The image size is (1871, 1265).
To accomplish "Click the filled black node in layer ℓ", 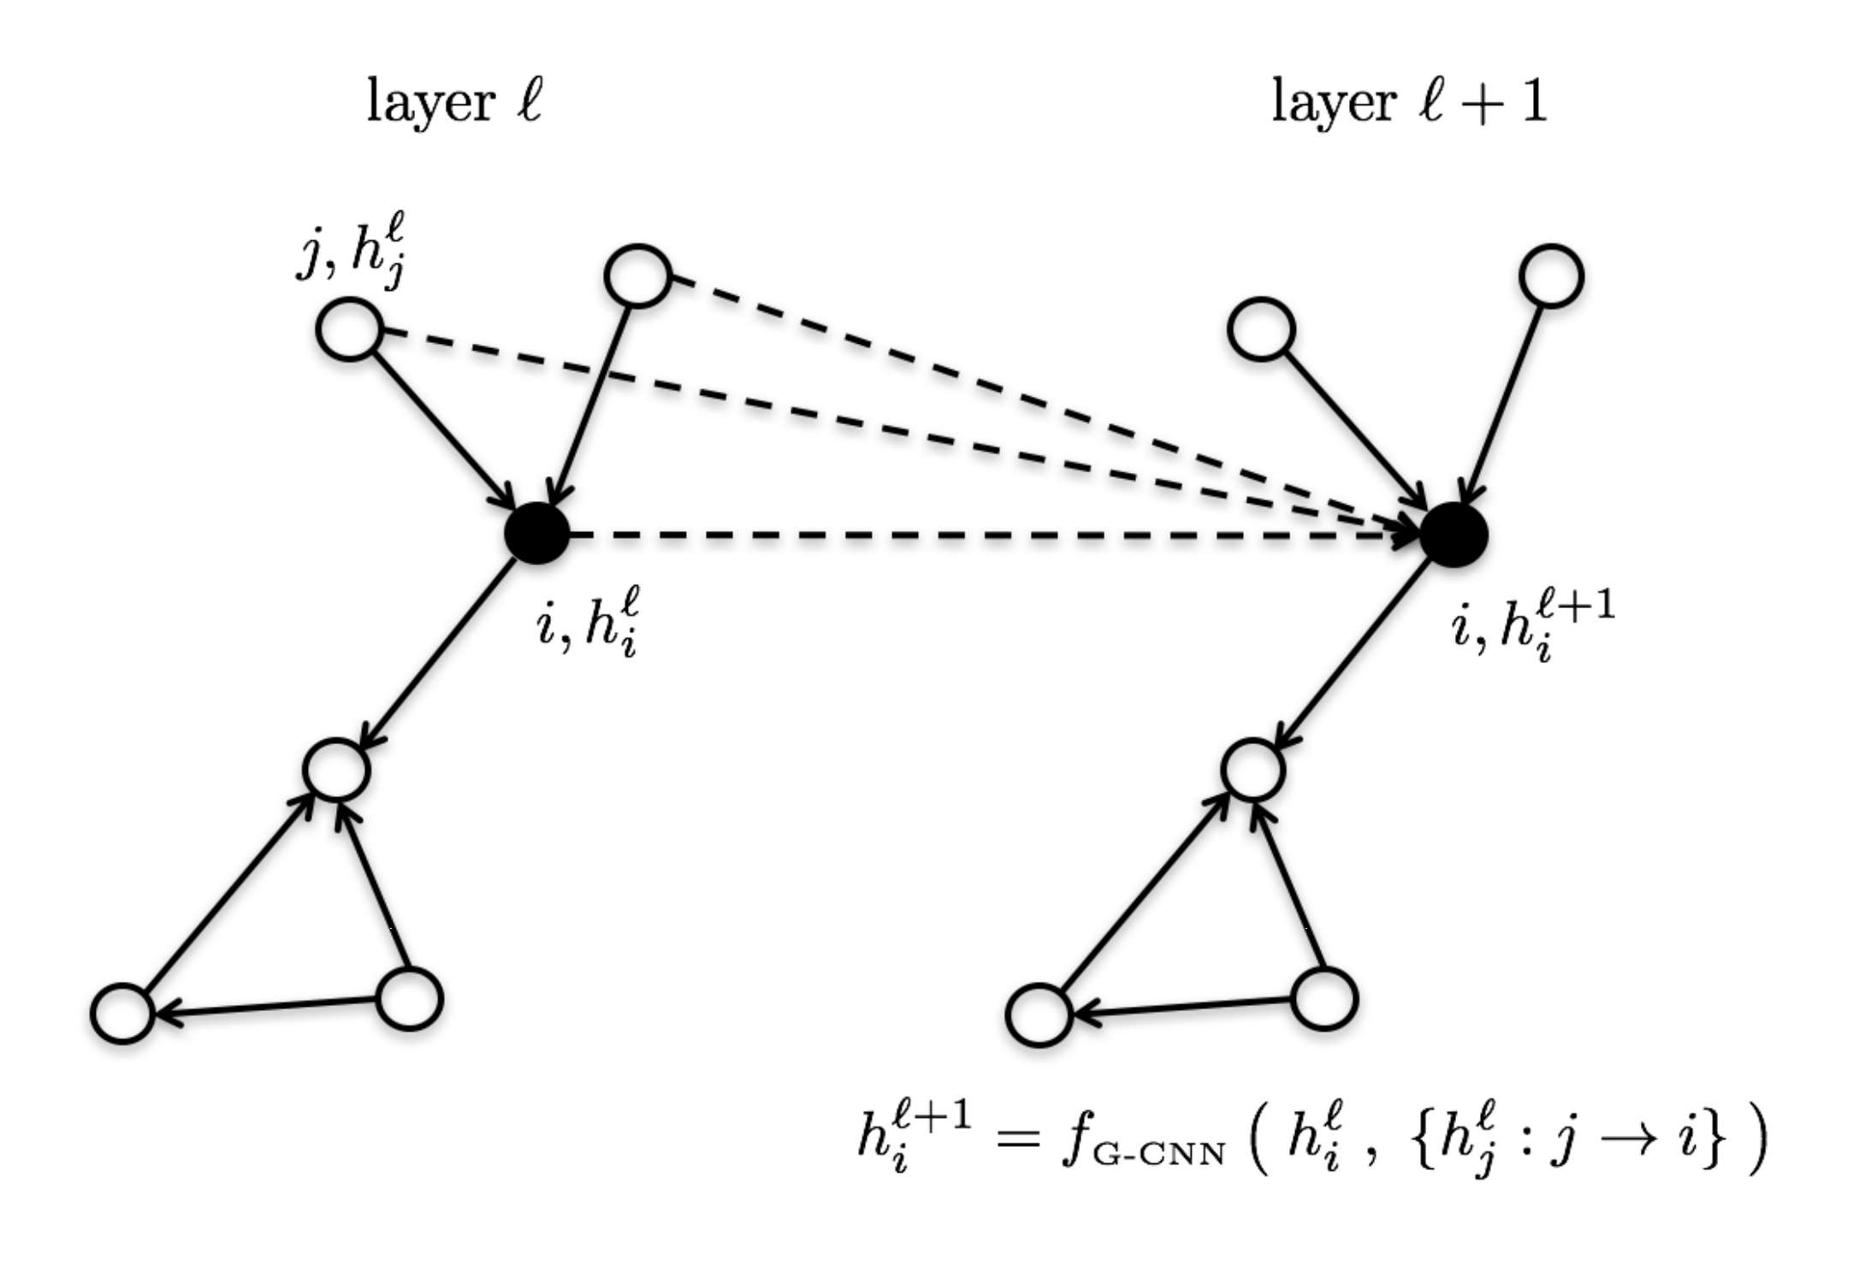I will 536,534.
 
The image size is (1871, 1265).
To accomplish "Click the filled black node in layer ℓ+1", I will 1454,535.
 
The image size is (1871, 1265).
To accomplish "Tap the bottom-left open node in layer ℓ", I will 122,1014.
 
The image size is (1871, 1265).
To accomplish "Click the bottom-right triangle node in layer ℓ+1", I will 1323,999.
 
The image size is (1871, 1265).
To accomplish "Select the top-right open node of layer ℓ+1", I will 1551,276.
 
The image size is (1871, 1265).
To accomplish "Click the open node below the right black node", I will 1252,771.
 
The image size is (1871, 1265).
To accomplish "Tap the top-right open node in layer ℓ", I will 637,275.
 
